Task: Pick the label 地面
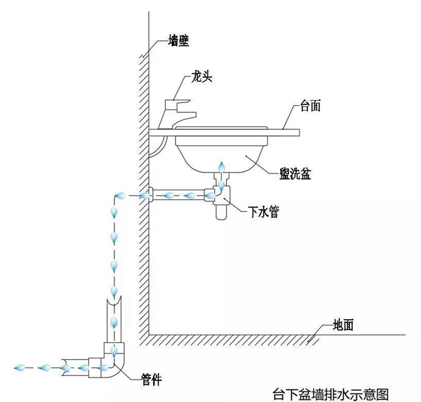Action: point(348,325)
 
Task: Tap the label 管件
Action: point(152,380)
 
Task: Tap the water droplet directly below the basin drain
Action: point(222,169)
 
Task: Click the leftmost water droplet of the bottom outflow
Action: point(19,367)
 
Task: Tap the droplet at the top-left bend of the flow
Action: point(119,196)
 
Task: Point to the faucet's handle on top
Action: point(185,104)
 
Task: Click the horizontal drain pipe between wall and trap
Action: point(179,194)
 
